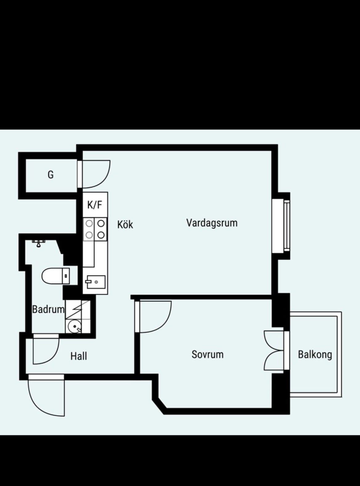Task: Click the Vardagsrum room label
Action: (212, 223)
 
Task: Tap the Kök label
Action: (125, 225)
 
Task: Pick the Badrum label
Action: (48, 310)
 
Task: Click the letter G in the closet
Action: (51, 175)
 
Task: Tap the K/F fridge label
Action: (95, 205)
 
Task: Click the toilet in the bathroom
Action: (56, 276)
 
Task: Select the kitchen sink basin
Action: (95, 282)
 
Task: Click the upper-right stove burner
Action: (101, 224)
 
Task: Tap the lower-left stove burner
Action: (89, 235)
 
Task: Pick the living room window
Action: (281, 226)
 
